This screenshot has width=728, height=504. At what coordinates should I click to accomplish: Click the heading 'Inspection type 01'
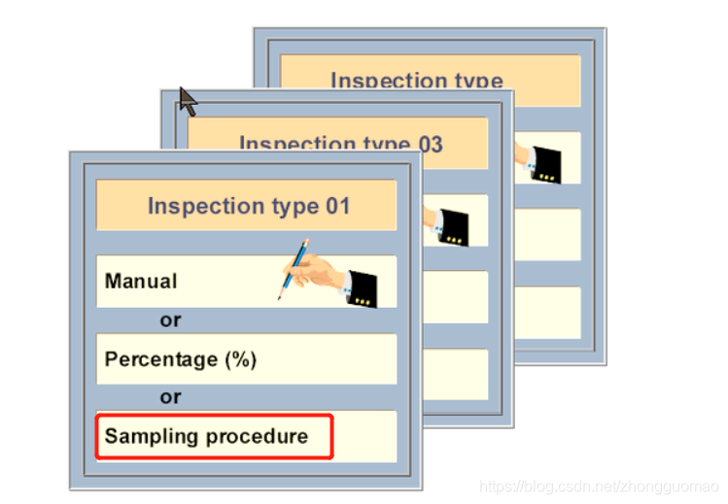pos(248,206)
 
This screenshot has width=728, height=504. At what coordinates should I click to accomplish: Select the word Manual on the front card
pos(141,282)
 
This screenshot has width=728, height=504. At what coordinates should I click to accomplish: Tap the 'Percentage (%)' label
pos(181,359)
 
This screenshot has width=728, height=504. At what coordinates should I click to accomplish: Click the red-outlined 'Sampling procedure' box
pos(214,437)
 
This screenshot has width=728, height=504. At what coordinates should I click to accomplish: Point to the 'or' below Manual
pos(170,320)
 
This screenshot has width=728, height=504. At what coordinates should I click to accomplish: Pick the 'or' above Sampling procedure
pos(170,397)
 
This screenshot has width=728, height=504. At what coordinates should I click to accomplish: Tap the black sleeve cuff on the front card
pos(362,289)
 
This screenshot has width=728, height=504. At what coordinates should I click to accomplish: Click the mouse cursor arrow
pos(188,100)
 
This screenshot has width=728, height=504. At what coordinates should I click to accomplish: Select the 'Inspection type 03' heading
pos(340,145)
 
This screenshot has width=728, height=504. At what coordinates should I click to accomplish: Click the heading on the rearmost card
pos(416,81)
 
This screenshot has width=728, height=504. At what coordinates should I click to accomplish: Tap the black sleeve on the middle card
pos(455,226)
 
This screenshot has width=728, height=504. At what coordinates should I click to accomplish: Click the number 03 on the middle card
pos(430,145)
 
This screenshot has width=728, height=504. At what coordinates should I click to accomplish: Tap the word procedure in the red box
pos(262,436)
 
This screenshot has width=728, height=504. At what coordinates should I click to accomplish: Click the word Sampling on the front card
pos(146,436)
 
